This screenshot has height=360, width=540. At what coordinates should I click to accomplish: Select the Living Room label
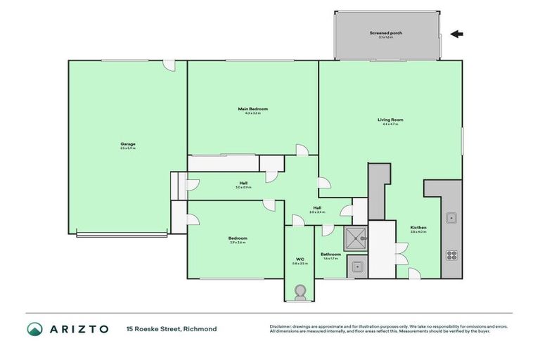pyautogui.click(x=390, y=121)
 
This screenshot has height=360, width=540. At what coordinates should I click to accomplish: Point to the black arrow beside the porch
pyautogui.click(x=457, y=34)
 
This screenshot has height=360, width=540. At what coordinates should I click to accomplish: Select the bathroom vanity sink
pyautogui.click(x=356, y=266)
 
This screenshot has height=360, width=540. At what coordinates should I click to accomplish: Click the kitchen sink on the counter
pyautogui.click(x=451, y=217)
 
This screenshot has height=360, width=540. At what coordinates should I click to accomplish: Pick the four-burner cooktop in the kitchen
pyautogui.click(x=451, y=255)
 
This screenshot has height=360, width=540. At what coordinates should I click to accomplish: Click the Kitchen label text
pyautogui.click(x=419, y=229)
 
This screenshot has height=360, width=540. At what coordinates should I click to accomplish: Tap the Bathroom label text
pyautogui.click(x=330, y=255)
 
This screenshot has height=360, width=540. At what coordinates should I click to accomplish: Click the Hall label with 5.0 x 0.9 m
pyautogui.click(x=243, y=185)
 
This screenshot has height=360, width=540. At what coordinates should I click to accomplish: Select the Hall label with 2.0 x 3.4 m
pyautogui.click(x=318, y=209)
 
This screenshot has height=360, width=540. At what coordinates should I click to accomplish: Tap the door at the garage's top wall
pyautogui.click(x=168, y=64)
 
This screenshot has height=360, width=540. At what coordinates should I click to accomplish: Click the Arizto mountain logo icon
pyautogui.click(x=34, y=329)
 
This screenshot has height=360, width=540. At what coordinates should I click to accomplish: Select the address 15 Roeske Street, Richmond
pyautogui.click(x=171, y=329)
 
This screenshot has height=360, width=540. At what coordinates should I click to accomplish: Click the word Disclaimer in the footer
pyautogui.click(x=281, y=326)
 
